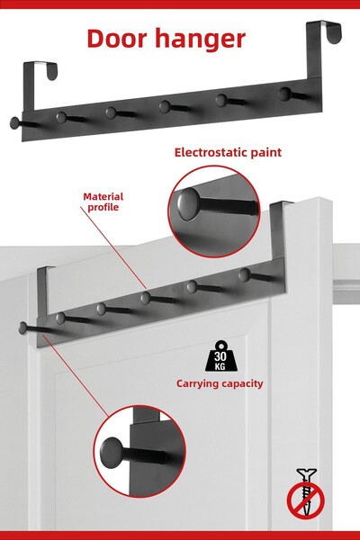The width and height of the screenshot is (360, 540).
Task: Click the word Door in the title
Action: [x=117, y=38]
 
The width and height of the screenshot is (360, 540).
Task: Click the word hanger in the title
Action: [x=200, y=40]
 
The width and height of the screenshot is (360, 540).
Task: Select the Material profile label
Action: [x=103, y=202]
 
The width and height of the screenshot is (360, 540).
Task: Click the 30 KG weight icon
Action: [x=220, y=355]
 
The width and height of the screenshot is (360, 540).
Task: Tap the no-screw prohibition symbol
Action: [x=306, y=493]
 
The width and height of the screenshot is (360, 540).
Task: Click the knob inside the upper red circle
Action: [x=188, y=204]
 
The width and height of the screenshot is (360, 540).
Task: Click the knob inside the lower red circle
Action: [x=112, y=453]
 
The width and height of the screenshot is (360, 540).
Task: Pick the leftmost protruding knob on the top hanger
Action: [x=14, y=123]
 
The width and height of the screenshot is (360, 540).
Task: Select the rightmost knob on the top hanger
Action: [x=284, y=94]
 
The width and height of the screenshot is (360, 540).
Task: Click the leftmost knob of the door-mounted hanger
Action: [x=22, y=328]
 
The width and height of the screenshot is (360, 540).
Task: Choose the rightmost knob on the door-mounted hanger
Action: [x=244, y=274]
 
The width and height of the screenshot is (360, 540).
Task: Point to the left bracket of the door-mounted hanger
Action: [x=42, y=289]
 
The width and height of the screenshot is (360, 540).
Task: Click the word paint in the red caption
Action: [x=266, y=153]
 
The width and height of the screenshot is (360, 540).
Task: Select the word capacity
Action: [x=242, y=384]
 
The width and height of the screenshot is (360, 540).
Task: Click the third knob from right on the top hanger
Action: [x=165, y=107]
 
